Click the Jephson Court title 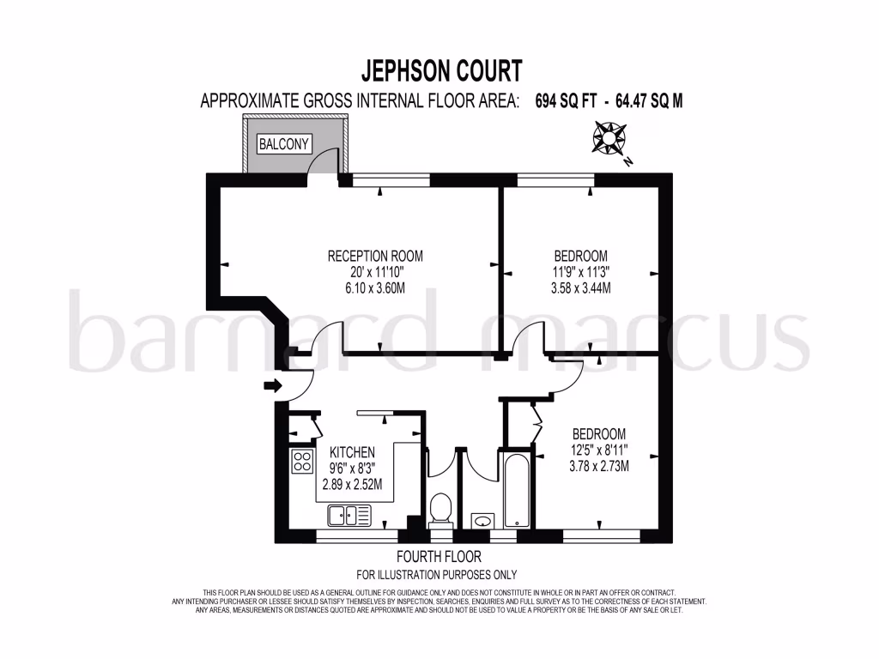439,70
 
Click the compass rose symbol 608,139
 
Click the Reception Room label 375,256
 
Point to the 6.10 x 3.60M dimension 375,287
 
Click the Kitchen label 352,452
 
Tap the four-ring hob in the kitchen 301,461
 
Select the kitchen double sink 349,516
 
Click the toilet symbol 440,508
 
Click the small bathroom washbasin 482,520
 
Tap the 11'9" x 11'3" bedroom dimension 581,272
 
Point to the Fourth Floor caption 439,557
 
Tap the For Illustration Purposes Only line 437,575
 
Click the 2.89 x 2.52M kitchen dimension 352,484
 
